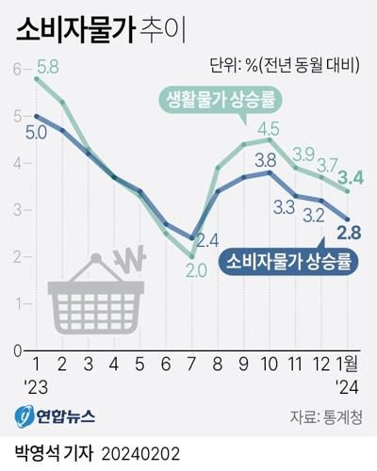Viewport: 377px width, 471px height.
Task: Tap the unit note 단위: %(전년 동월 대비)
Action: [288, 65]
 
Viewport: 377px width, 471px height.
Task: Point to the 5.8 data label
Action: [50, 68]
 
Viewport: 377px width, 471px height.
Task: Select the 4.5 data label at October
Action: [268, 128]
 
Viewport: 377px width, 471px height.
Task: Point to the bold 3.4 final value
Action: [352, 174]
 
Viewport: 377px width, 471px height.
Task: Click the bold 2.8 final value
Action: [351, 233]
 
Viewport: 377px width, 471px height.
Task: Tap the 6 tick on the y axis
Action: [16, 69]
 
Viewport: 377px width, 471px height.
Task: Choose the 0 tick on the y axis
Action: [16, 350]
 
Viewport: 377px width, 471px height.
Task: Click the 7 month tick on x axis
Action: [191, 365]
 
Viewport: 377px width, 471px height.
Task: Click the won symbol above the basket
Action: [129, 256]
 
